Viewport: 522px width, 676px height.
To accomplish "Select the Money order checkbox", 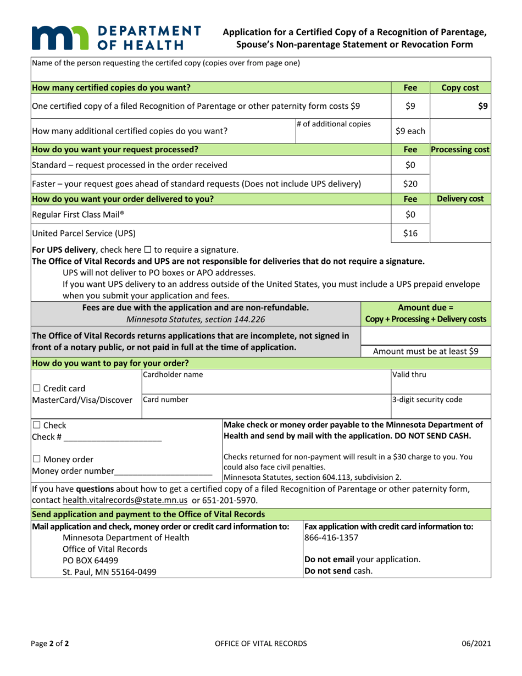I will point(37,459).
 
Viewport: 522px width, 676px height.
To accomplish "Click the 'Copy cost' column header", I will point(459,87).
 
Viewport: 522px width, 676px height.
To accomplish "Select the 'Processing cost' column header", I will point(459,148).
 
